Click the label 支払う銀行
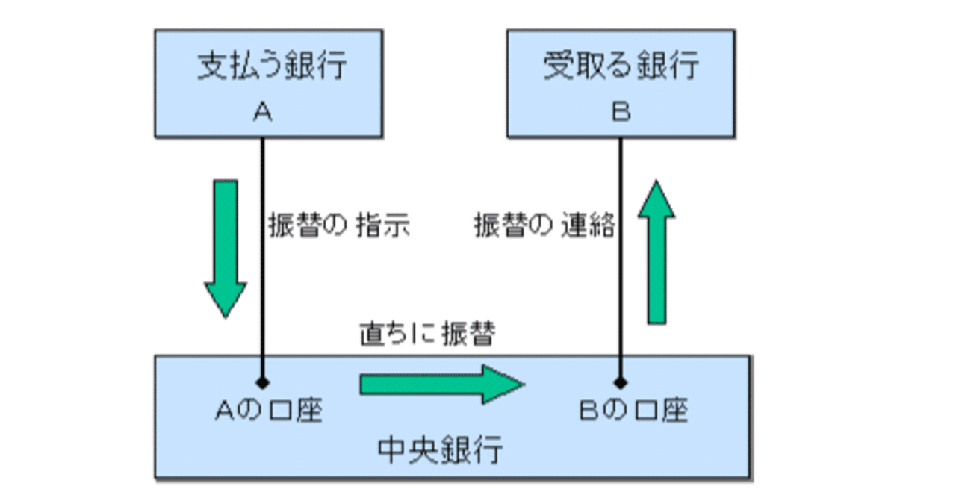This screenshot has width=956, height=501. coord(272,66)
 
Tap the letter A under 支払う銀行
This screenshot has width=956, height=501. coord(262,112)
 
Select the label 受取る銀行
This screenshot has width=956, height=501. coord(621,66)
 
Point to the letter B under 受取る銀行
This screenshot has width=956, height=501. coord(621,112)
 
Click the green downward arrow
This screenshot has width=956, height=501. coord(225,246)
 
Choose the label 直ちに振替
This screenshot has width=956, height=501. coord(426,334)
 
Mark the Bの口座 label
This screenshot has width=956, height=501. coord(633,410)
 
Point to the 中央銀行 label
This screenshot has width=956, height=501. coord(440,449)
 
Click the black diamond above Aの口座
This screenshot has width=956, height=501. coord(262,383)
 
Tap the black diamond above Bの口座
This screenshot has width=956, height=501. coord(621,383)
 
